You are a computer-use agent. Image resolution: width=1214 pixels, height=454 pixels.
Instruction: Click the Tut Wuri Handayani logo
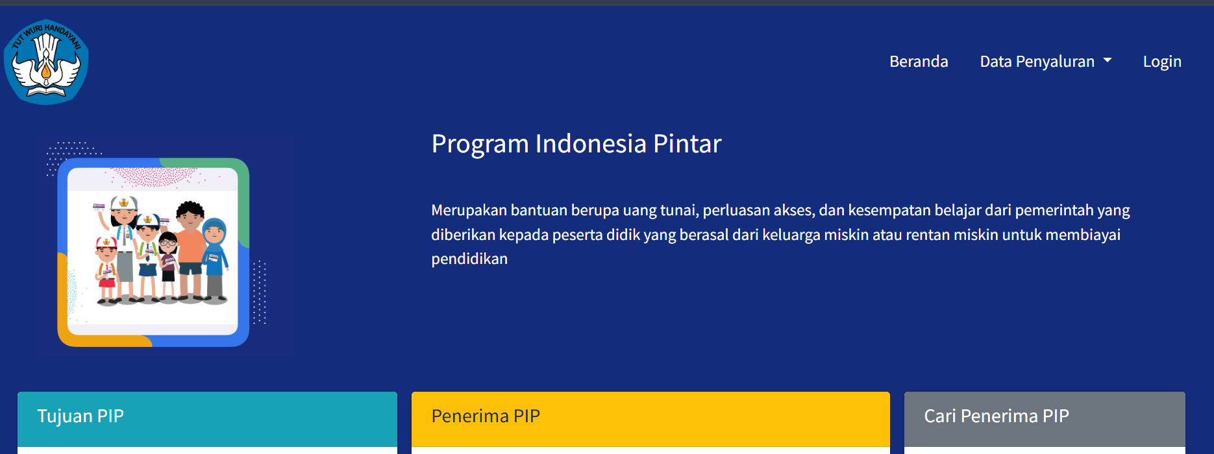tap(46, 62)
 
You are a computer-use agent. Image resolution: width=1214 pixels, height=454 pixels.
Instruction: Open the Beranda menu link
tap(919, 62)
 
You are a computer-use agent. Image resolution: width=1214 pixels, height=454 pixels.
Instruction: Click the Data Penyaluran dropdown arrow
tap(1108, 60)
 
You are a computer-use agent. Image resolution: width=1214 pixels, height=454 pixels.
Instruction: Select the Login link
tap(1162, 62)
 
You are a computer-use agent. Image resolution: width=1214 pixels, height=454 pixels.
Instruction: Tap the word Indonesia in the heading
tap(591, 144)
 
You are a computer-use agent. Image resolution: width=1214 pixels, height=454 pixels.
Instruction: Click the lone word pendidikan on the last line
tap(469, 259)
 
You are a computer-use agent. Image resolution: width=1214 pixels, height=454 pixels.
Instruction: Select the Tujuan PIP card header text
tap(81, 416)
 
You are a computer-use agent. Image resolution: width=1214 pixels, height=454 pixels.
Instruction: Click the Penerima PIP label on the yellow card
tap(486, 416)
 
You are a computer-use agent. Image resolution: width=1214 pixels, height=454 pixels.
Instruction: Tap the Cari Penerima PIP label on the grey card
tap(997, 416)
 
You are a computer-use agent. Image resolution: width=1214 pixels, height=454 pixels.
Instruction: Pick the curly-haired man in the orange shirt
tap(190, 246)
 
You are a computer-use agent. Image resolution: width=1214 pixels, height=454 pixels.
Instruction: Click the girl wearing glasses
tap(168, 259)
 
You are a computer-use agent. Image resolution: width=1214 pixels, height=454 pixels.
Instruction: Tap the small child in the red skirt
tap(106, 269)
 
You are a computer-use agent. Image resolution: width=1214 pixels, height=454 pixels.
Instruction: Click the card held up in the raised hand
tap(99, 208)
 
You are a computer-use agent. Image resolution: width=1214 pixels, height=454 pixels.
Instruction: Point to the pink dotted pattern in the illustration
tap(153, 177)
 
